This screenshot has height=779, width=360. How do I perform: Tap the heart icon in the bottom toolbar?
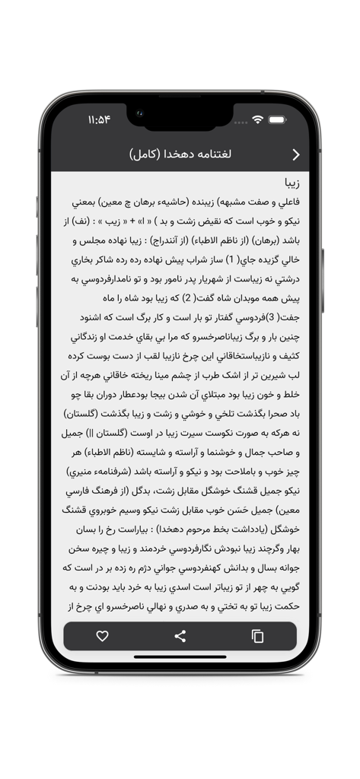click(x=102, y=636)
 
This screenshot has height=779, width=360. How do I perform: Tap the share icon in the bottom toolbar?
click(x=180, y=636)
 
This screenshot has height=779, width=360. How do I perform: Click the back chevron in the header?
click(x=296, y=154)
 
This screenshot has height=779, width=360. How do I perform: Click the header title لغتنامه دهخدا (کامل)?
click(x=180, y=154)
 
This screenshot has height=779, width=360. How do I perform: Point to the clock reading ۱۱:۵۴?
click(x=99, y=119)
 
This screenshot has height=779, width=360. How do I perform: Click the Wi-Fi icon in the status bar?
click(x=258, y=119)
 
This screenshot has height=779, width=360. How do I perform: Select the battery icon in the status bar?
click(x=277, y=119)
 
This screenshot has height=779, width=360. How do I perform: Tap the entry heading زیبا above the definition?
click(x=292, y=184)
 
